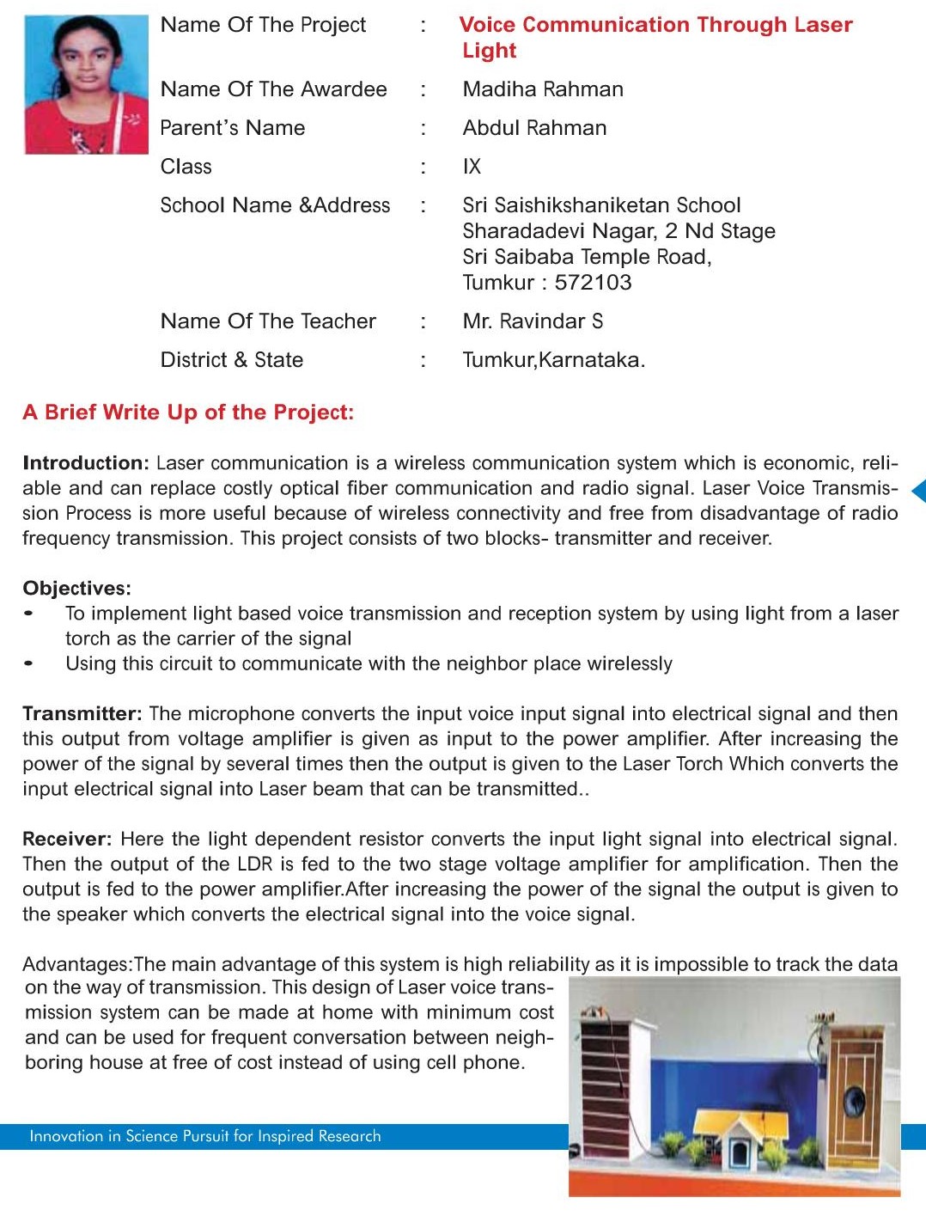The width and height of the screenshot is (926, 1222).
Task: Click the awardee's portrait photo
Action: point(86,84)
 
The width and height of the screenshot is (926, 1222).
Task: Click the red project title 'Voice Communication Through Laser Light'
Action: point(655,37)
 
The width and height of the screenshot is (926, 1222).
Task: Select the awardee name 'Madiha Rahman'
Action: point(543,89)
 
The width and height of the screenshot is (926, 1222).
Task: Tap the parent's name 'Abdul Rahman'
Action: point(534,128)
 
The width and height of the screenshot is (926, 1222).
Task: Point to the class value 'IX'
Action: point(472,167)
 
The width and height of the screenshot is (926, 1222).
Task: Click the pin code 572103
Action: point(593,283)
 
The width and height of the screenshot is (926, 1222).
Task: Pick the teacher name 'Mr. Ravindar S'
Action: point(533,321)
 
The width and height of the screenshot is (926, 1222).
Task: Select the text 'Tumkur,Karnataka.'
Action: point(553,360)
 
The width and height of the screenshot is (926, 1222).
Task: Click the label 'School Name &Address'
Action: point(275,205)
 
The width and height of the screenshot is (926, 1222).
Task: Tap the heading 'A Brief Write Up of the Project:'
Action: point(188,412)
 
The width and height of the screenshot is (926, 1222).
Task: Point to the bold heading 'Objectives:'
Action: point(77,589)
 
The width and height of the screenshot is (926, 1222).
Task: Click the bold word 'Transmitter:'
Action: point(82,714)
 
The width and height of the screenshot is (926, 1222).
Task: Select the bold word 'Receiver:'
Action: point(67,840)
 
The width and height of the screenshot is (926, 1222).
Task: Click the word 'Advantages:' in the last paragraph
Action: point(77,964)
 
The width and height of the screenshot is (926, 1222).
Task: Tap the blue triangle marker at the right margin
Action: point(918,491)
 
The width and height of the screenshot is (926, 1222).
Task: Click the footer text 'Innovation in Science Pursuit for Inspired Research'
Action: point(205,1136)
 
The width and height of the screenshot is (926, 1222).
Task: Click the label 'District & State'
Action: point(232,360)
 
